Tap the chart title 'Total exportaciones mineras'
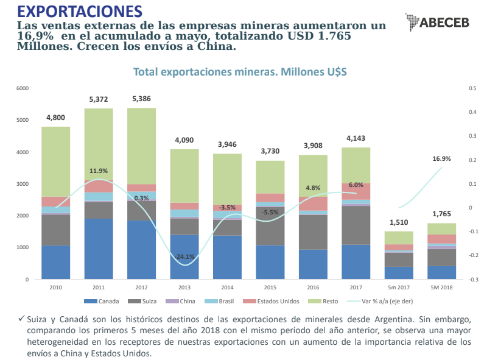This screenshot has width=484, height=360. click(x=239, y=72)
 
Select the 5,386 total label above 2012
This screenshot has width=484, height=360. click(x=141, y=99)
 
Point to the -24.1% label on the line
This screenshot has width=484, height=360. click(x=184, y=256)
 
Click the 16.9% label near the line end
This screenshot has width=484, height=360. click(x=441, y=159)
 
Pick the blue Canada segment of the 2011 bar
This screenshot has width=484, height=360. click(x=98, y=249)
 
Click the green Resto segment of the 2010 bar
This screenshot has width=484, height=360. click(x=55, y=161)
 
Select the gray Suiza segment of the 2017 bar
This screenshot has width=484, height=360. click(x=356, y=225)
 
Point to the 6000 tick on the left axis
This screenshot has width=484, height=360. click(x=23, y=88)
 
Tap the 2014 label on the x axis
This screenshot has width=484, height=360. click(x=227, y=287)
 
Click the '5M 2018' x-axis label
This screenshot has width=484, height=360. click(x=441, y=287)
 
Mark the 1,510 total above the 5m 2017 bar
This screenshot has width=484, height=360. click(x=399, y=222)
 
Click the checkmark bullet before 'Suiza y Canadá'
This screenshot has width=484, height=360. click(x=21, y=319)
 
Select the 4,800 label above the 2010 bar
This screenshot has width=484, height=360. click(x=55, y=118)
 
